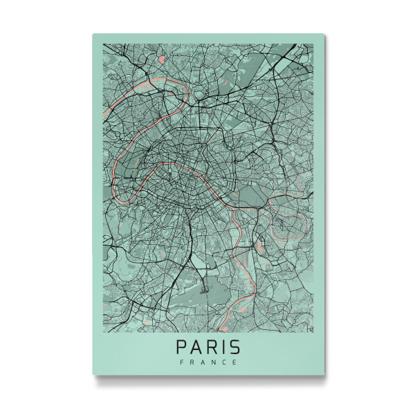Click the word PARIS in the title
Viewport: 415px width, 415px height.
pos(207,346)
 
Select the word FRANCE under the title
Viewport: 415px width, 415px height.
pos(207,362)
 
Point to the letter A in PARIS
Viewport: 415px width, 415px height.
pos(196,346)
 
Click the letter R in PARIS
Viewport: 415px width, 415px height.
pos(211,346)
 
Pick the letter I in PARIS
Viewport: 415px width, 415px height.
pos(222,346)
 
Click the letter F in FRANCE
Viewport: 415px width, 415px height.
pos(181,362)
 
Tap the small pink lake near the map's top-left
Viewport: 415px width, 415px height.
pos(161,60)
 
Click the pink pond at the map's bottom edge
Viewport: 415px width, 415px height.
pos(225,325)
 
